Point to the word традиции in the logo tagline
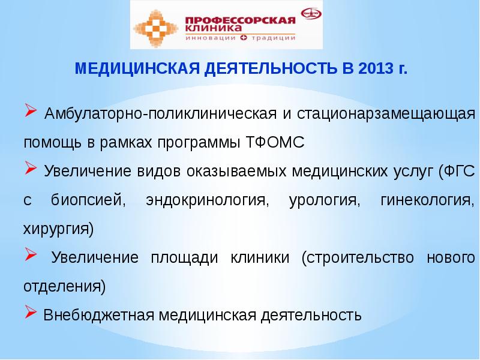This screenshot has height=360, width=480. click(x=273, y=37)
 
